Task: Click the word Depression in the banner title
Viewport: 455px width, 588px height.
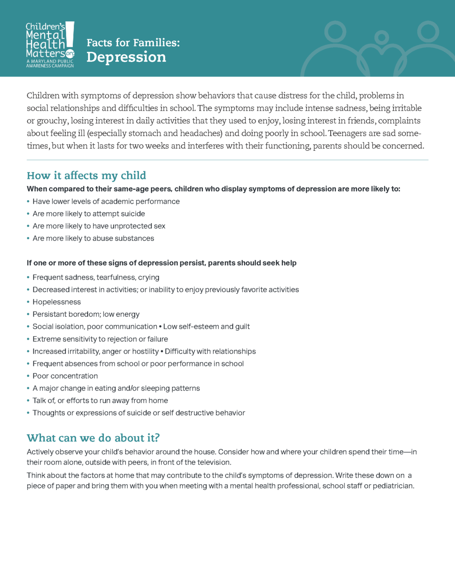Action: click(x=126, y=57)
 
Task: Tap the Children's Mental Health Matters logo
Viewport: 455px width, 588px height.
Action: click(x=50, y=44)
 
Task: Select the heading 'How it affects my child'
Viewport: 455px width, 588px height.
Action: click(x=86, y=176)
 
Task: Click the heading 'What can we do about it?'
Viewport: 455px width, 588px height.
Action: click(x=93, y=438)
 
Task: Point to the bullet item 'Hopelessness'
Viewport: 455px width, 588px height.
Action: click(x=56, y=302)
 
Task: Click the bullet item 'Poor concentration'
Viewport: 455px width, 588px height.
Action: click(x=65, y=376)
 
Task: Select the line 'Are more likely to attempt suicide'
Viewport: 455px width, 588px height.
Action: click(x=88, y=213)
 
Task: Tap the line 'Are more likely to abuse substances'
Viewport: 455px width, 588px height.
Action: click(x=93, y=238)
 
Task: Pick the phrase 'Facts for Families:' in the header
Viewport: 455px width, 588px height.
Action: click(x=133, y=43)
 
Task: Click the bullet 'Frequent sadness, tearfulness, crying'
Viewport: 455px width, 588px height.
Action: click(x=96, y=277)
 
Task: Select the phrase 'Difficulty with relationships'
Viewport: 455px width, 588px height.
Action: click(x=210, y=351)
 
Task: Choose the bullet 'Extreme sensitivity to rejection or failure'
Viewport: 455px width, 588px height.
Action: click(x=100, y=339)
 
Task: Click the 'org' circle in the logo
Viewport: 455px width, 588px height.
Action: click(x=70, y=54)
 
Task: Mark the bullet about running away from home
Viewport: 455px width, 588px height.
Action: click(x=100, y=401)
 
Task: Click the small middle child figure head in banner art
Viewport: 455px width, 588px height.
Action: click(x=381, y=36)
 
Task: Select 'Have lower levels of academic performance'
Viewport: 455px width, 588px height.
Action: click(x=106, y=201)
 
